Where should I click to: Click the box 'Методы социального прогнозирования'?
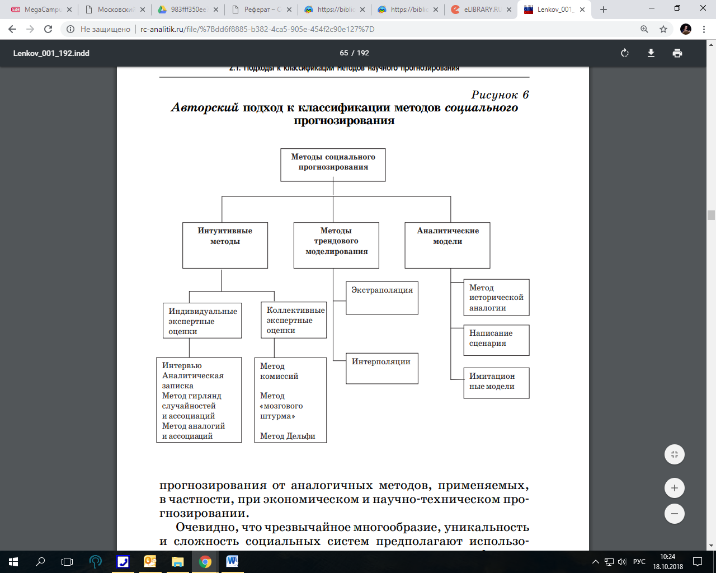333,165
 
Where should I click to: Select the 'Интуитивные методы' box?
225,245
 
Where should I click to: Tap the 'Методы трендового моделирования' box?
336,245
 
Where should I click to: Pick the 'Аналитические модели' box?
447,245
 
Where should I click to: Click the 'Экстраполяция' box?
382,298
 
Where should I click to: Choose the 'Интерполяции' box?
381,368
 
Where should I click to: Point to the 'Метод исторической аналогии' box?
496,298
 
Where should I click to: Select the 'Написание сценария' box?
496,340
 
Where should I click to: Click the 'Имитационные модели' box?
496,383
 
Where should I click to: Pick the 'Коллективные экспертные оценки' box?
294,320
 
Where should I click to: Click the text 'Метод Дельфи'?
288,436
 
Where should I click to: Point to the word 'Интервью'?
182,365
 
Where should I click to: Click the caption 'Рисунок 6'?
500,95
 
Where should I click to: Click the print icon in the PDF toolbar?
677,53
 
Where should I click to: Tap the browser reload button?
48,29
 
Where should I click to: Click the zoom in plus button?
675,488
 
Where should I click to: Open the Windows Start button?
13,561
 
